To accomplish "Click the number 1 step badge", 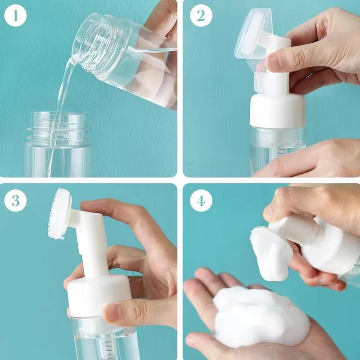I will click(15, 16).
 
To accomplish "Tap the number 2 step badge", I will click(201, 16).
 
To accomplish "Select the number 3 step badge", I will click(15, 201).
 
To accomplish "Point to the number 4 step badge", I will click(201, 201).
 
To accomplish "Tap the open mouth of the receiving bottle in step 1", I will click(57, 116).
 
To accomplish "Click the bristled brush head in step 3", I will click(58, 214).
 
